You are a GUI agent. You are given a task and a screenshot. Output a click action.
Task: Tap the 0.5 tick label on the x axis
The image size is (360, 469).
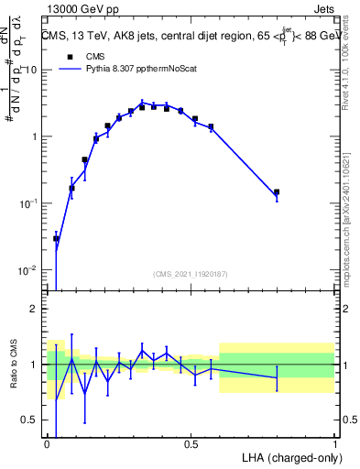coord(191,444)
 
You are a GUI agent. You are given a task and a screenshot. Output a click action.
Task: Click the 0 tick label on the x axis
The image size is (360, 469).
coord(47,444)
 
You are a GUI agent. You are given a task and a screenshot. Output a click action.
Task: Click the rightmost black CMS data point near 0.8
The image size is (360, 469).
coord(277,192)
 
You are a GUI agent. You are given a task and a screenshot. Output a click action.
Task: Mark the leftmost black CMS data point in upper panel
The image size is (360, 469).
coord(56,238)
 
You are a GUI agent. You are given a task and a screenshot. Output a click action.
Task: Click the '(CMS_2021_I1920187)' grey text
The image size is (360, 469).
coord(191,273)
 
